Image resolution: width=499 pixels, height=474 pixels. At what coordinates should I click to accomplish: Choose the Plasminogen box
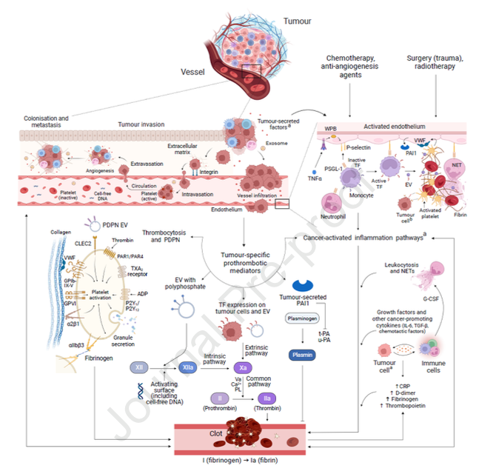point(302,318)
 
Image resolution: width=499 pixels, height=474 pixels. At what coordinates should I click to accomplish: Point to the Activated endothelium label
point(398,127)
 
